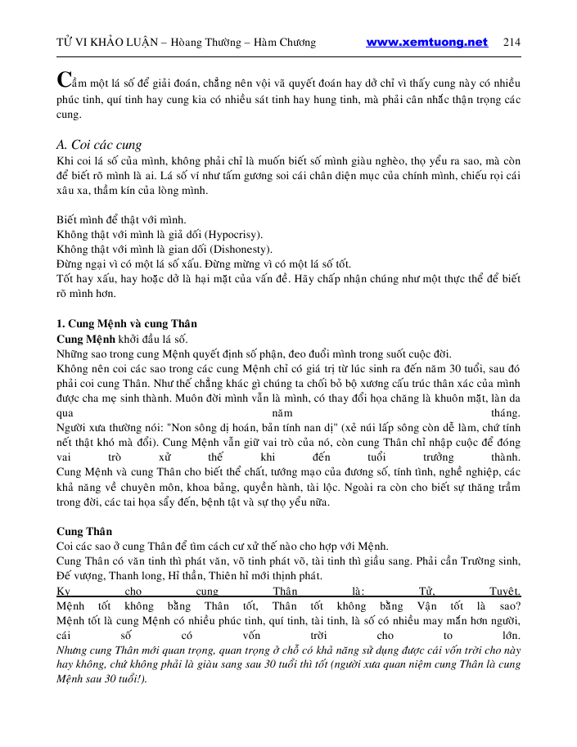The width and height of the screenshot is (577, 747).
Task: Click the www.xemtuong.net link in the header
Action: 426,43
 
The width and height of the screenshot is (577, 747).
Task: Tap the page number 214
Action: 512,43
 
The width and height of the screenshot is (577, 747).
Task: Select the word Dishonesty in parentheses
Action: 241,249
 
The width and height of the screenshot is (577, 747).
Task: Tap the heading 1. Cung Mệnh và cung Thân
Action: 127,324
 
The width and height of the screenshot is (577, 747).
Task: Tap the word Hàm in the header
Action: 266,43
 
